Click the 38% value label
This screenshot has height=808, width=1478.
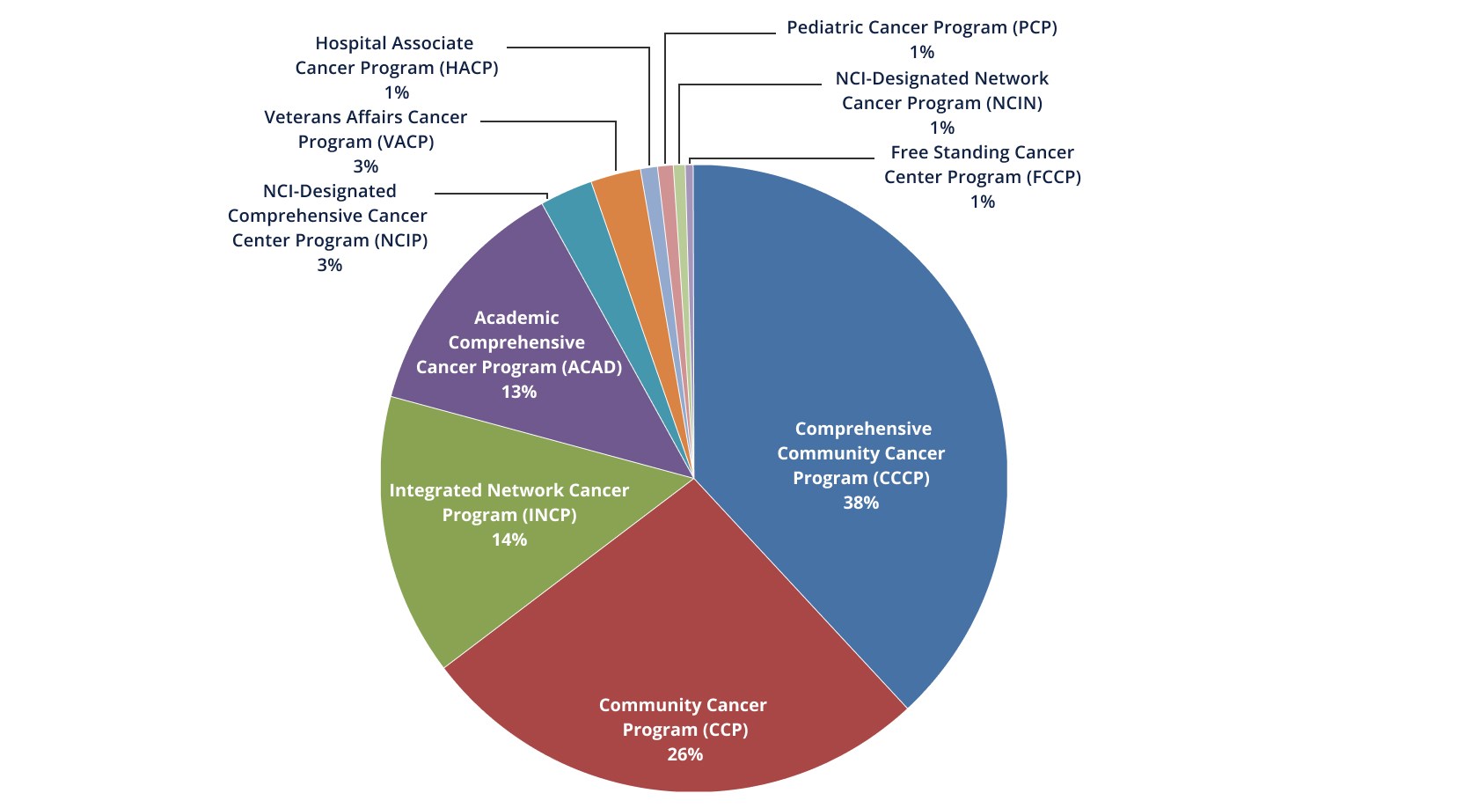coord(860,503)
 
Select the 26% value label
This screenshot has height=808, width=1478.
coord(684,754)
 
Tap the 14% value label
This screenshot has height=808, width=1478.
coord(509,540)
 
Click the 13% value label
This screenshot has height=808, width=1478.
coord(518,392)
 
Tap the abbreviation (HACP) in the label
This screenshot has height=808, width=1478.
coord(467,68)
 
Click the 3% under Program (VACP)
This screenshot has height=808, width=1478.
coord(365,166)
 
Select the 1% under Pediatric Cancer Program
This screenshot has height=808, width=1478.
coord(921,52)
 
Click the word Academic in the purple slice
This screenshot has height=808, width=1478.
coord(516,318)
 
